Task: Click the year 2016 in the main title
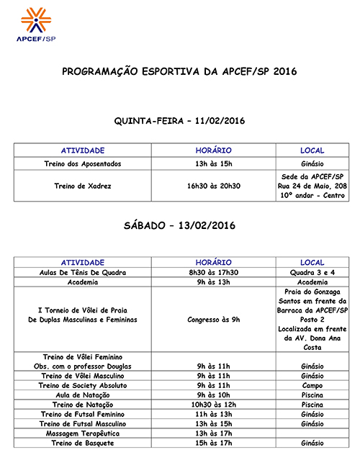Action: tap(284, 72)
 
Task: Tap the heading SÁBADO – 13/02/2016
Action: tap(179, 225)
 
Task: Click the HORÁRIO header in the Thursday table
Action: tap(214, 150)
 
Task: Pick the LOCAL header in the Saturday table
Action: tap(312, 263)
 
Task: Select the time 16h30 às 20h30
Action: tap(214, 186)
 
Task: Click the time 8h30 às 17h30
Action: tap(214, 273)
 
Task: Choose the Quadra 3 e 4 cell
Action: tap(312, 273)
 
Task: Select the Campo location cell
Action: tap(312, 385)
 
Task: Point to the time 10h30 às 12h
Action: tap(214, 405)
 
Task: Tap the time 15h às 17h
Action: tap(214, 444)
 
